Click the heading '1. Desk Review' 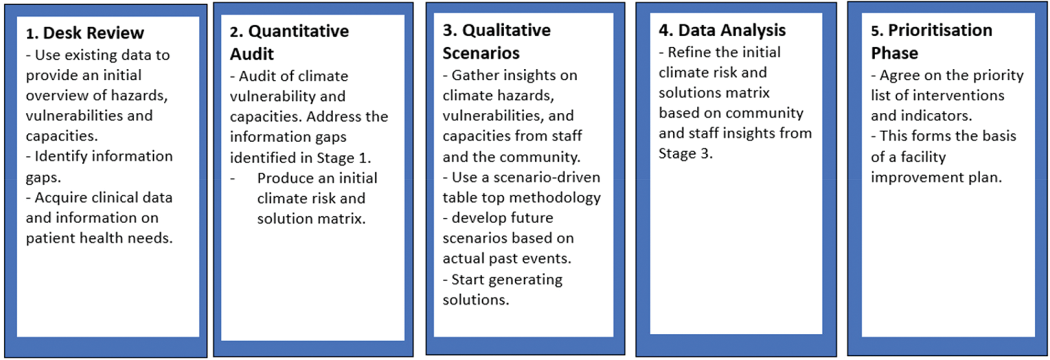85,33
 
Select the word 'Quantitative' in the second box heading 299,31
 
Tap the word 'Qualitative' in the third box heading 506,30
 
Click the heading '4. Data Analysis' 722,30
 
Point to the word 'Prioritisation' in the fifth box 940,30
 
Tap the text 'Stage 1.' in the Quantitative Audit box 344,158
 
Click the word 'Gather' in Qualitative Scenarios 475,76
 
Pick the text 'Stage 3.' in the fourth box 686,154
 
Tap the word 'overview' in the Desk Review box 57,96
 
